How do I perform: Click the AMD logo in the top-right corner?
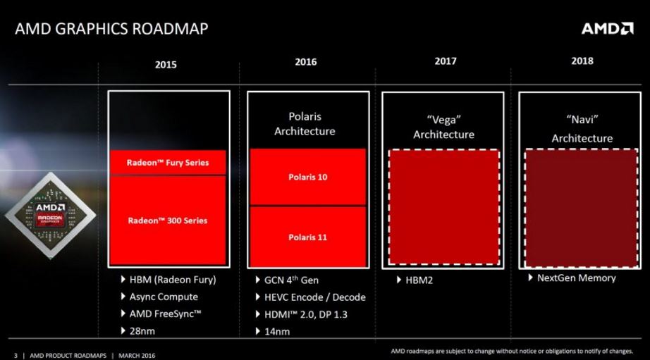(607, 28)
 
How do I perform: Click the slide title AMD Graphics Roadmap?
(111, 29)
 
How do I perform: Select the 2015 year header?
(166, 64)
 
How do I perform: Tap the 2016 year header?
(306, 62)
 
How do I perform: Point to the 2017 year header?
(446, 61)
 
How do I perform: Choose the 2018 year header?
(582, 61)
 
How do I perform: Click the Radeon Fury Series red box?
(168, 163)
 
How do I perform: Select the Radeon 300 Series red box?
(168, 221)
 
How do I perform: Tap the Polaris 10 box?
(307, 177)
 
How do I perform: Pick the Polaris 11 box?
(307, 237)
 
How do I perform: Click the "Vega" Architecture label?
(443, 128)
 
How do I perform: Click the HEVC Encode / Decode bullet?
(310, 297)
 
